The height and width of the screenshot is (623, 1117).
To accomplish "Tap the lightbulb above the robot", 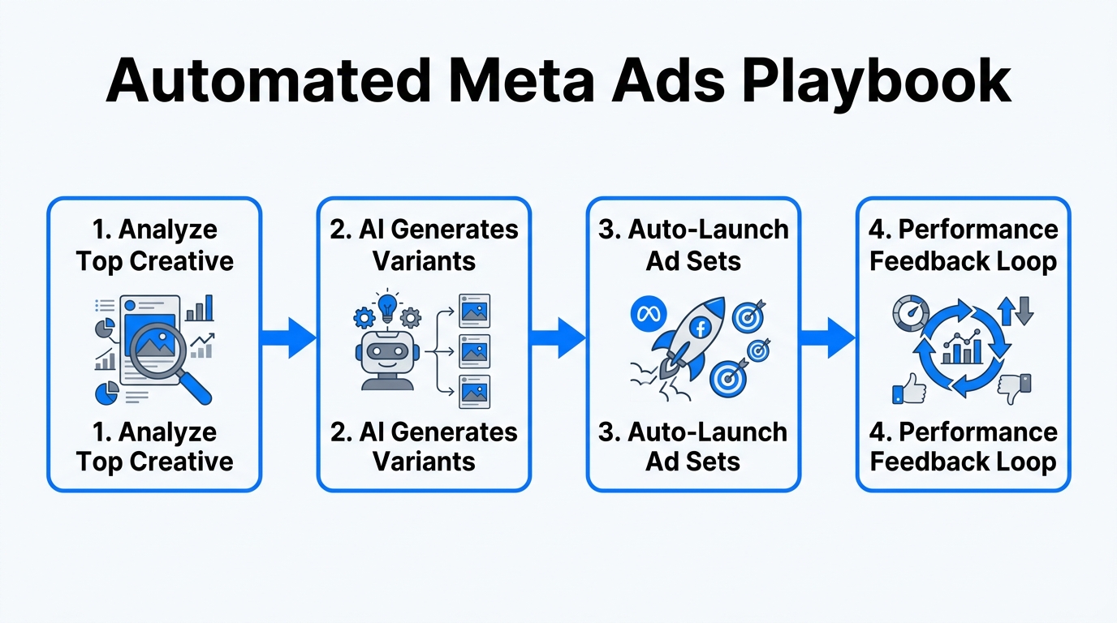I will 389,306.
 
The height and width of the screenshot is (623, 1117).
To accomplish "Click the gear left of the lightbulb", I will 364,317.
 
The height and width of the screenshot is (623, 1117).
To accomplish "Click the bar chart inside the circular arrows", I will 962,351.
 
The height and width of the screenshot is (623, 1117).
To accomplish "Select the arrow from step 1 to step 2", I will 289,337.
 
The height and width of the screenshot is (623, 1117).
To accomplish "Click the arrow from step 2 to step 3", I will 558,337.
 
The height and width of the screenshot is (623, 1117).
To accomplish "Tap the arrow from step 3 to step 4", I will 828,337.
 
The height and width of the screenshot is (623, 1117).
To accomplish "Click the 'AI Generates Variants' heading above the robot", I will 424,245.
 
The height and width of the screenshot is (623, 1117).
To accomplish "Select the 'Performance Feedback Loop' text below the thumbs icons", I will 964,446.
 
